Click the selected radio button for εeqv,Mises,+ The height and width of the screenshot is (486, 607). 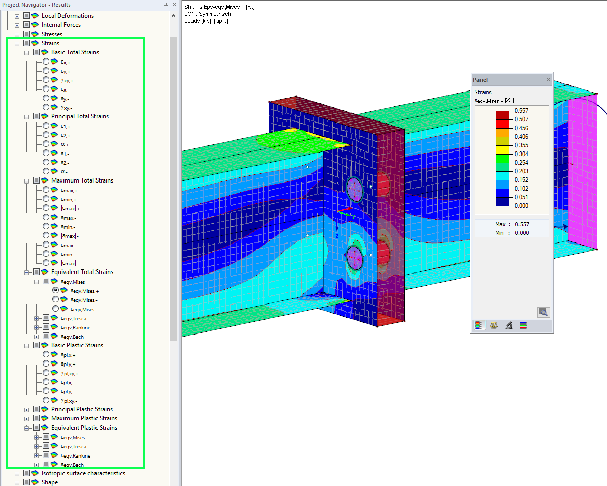point(56,290)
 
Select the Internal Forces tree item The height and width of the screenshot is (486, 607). point(61,25)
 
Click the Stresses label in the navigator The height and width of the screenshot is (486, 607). point(52,34)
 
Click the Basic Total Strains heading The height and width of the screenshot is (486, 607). point(75,52)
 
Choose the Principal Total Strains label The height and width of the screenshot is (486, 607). point(80,116)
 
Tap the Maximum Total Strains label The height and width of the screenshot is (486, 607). point(82,180)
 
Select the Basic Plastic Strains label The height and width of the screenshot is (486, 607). point(77,345)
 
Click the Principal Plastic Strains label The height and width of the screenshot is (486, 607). point(82,409)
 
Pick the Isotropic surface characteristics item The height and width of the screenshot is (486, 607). point(83,473)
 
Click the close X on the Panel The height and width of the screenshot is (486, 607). point(548,80)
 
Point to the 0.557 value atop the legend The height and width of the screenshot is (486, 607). point(521,110)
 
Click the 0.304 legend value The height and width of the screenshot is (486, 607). point(521,154)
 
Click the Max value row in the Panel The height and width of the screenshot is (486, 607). point(512,224)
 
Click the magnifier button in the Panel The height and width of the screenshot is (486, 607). point(544,313)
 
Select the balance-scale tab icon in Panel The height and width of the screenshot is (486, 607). point(494,326)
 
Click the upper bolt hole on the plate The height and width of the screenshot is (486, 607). point(355,189)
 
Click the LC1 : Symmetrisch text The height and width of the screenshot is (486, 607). point(208,14)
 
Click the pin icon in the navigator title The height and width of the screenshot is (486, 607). point(166,5)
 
